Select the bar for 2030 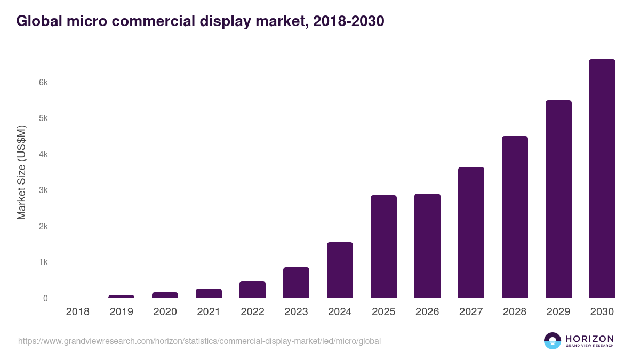point(602,179)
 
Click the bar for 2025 point(383,246)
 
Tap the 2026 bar point(427,246)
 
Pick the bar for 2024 point(340,270)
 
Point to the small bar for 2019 point(121,296)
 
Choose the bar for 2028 point(515,217)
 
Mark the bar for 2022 point(252,289)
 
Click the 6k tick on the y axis point(43,83)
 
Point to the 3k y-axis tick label point(43,190)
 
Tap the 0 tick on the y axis point(45,299)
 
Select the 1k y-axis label point(43,262)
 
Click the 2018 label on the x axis point(77,312)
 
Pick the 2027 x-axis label point(471,312)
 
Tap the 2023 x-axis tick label point(296,312)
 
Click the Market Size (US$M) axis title point(21,172)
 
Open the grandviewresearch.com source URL point(199,341)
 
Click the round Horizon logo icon point(553,341)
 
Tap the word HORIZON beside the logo point(589,339)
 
